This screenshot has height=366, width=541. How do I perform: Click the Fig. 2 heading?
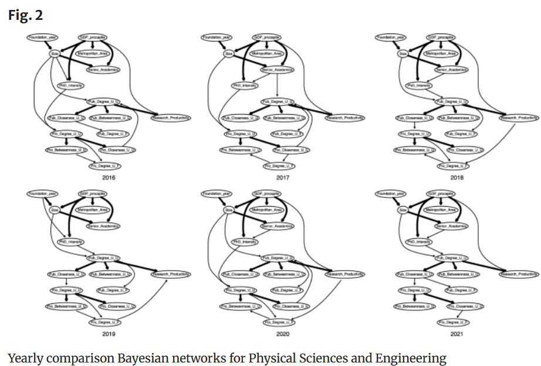coord(26,15)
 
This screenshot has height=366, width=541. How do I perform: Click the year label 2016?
coord(109,177)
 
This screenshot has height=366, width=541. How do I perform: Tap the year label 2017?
coord(283,177)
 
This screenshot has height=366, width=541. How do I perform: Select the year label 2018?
coord(457,177)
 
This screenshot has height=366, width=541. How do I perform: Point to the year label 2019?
coord(109,334)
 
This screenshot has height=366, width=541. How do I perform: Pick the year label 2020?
coord(283,334)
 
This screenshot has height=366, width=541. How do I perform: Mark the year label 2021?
coord(457,334)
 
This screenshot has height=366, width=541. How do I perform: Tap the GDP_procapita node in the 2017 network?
coord(266,37)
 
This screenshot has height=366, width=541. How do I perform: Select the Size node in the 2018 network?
coord(403,53)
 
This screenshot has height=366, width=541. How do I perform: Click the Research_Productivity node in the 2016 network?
coord(171,118)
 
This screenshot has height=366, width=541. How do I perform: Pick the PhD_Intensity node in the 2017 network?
coord(245,85)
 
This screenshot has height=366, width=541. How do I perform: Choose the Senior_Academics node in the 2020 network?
coord(276,225)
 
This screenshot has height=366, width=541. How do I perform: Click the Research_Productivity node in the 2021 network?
coord(519,274)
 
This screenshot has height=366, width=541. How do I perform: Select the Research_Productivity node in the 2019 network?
coord(171,274)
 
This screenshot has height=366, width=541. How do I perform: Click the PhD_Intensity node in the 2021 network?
coord(419,241)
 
